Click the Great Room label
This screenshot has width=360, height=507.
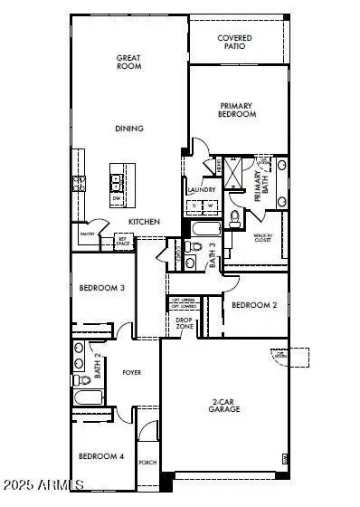[x=128, y=62]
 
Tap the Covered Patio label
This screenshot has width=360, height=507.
[x=235, y=43]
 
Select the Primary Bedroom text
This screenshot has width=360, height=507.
[x=238, y=110]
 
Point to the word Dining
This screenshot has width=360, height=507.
[x=128, y=129]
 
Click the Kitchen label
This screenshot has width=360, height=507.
[x=144, y=221]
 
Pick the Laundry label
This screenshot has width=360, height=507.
[x=201, y=189]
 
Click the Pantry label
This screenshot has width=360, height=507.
[x=88, y=234]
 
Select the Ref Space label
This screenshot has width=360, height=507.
[x=124, y=243]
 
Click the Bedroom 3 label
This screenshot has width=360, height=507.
[x=101, y=288]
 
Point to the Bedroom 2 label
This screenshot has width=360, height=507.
[x=253, y=305]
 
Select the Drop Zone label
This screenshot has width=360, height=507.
[x=185, y=321]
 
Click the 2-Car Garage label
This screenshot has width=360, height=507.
[x=224, y=406]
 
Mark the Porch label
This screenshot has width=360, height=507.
[x=148, y=462]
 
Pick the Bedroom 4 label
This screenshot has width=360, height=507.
[x=101, y=455]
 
